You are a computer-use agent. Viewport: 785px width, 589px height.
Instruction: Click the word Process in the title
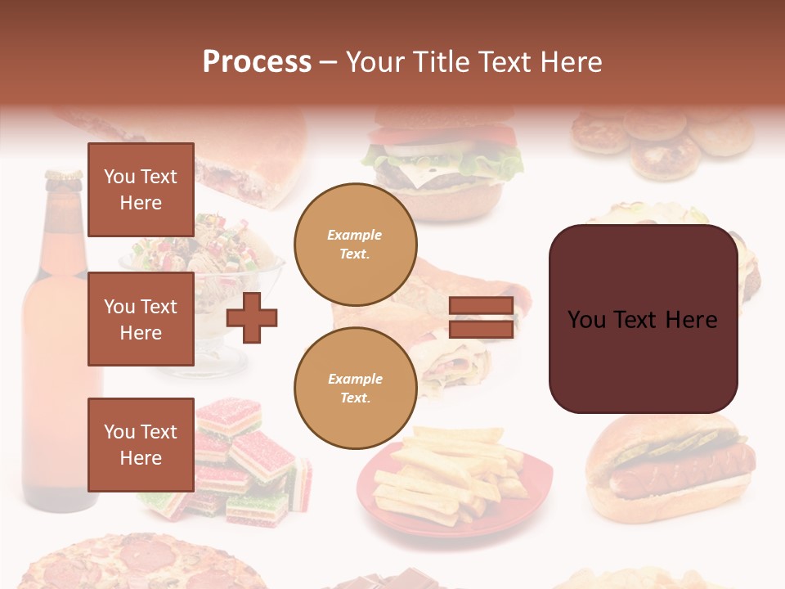257,62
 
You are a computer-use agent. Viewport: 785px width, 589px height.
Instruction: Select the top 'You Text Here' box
141,190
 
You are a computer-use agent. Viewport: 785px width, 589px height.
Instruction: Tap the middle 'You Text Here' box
141,319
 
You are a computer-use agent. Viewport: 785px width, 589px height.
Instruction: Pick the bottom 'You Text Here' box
141,444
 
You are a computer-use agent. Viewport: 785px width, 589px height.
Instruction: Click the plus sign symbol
252,317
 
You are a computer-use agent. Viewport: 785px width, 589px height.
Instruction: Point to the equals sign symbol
481,318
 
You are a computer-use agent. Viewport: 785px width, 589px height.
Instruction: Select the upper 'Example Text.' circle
355,245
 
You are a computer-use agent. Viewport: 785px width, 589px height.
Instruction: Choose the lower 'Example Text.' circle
355,389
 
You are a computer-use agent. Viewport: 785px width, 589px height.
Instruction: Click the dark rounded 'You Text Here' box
643,319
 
